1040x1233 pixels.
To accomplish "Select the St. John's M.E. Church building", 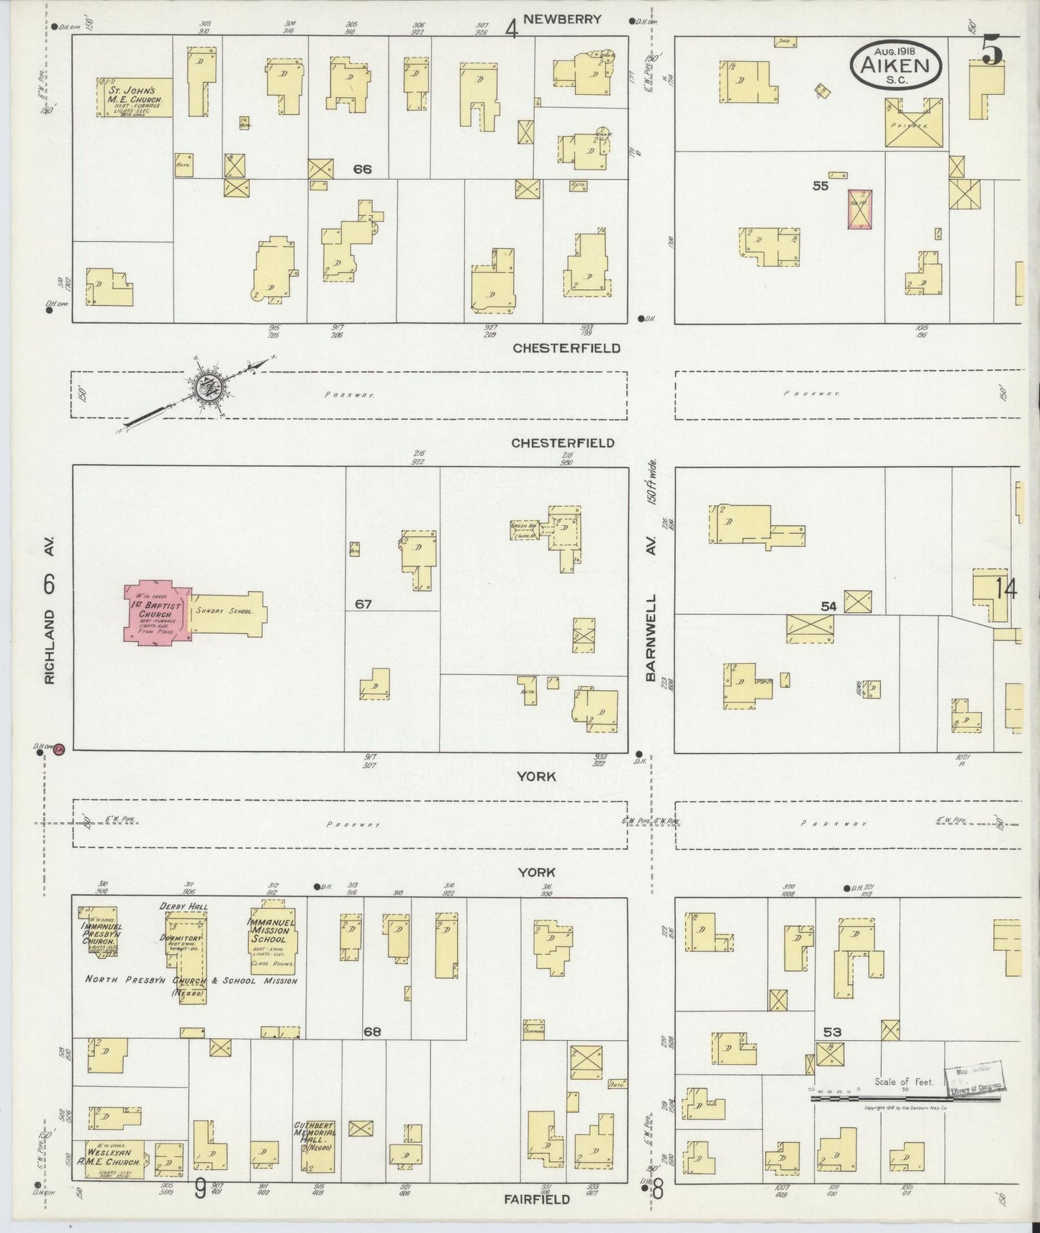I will coord(135,97).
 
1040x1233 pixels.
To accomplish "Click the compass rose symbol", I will coord(211,389).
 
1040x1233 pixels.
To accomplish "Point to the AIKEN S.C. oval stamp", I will coord(896,64).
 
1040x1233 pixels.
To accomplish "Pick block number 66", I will coord(362,169).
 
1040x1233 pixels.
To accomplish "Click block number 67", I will coord(363,604).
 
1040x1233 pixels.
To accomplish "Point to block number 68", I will coord(371,1031).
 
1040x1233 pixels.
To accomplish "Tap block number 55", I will coord(820,186).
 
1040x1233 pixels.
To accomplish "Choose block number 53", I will coord(832,1032).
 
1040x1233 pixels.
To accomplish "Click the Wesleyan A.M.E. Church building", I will coord(114,1159).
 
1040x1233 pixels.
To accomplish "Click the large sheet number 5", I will coord(992,50).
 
